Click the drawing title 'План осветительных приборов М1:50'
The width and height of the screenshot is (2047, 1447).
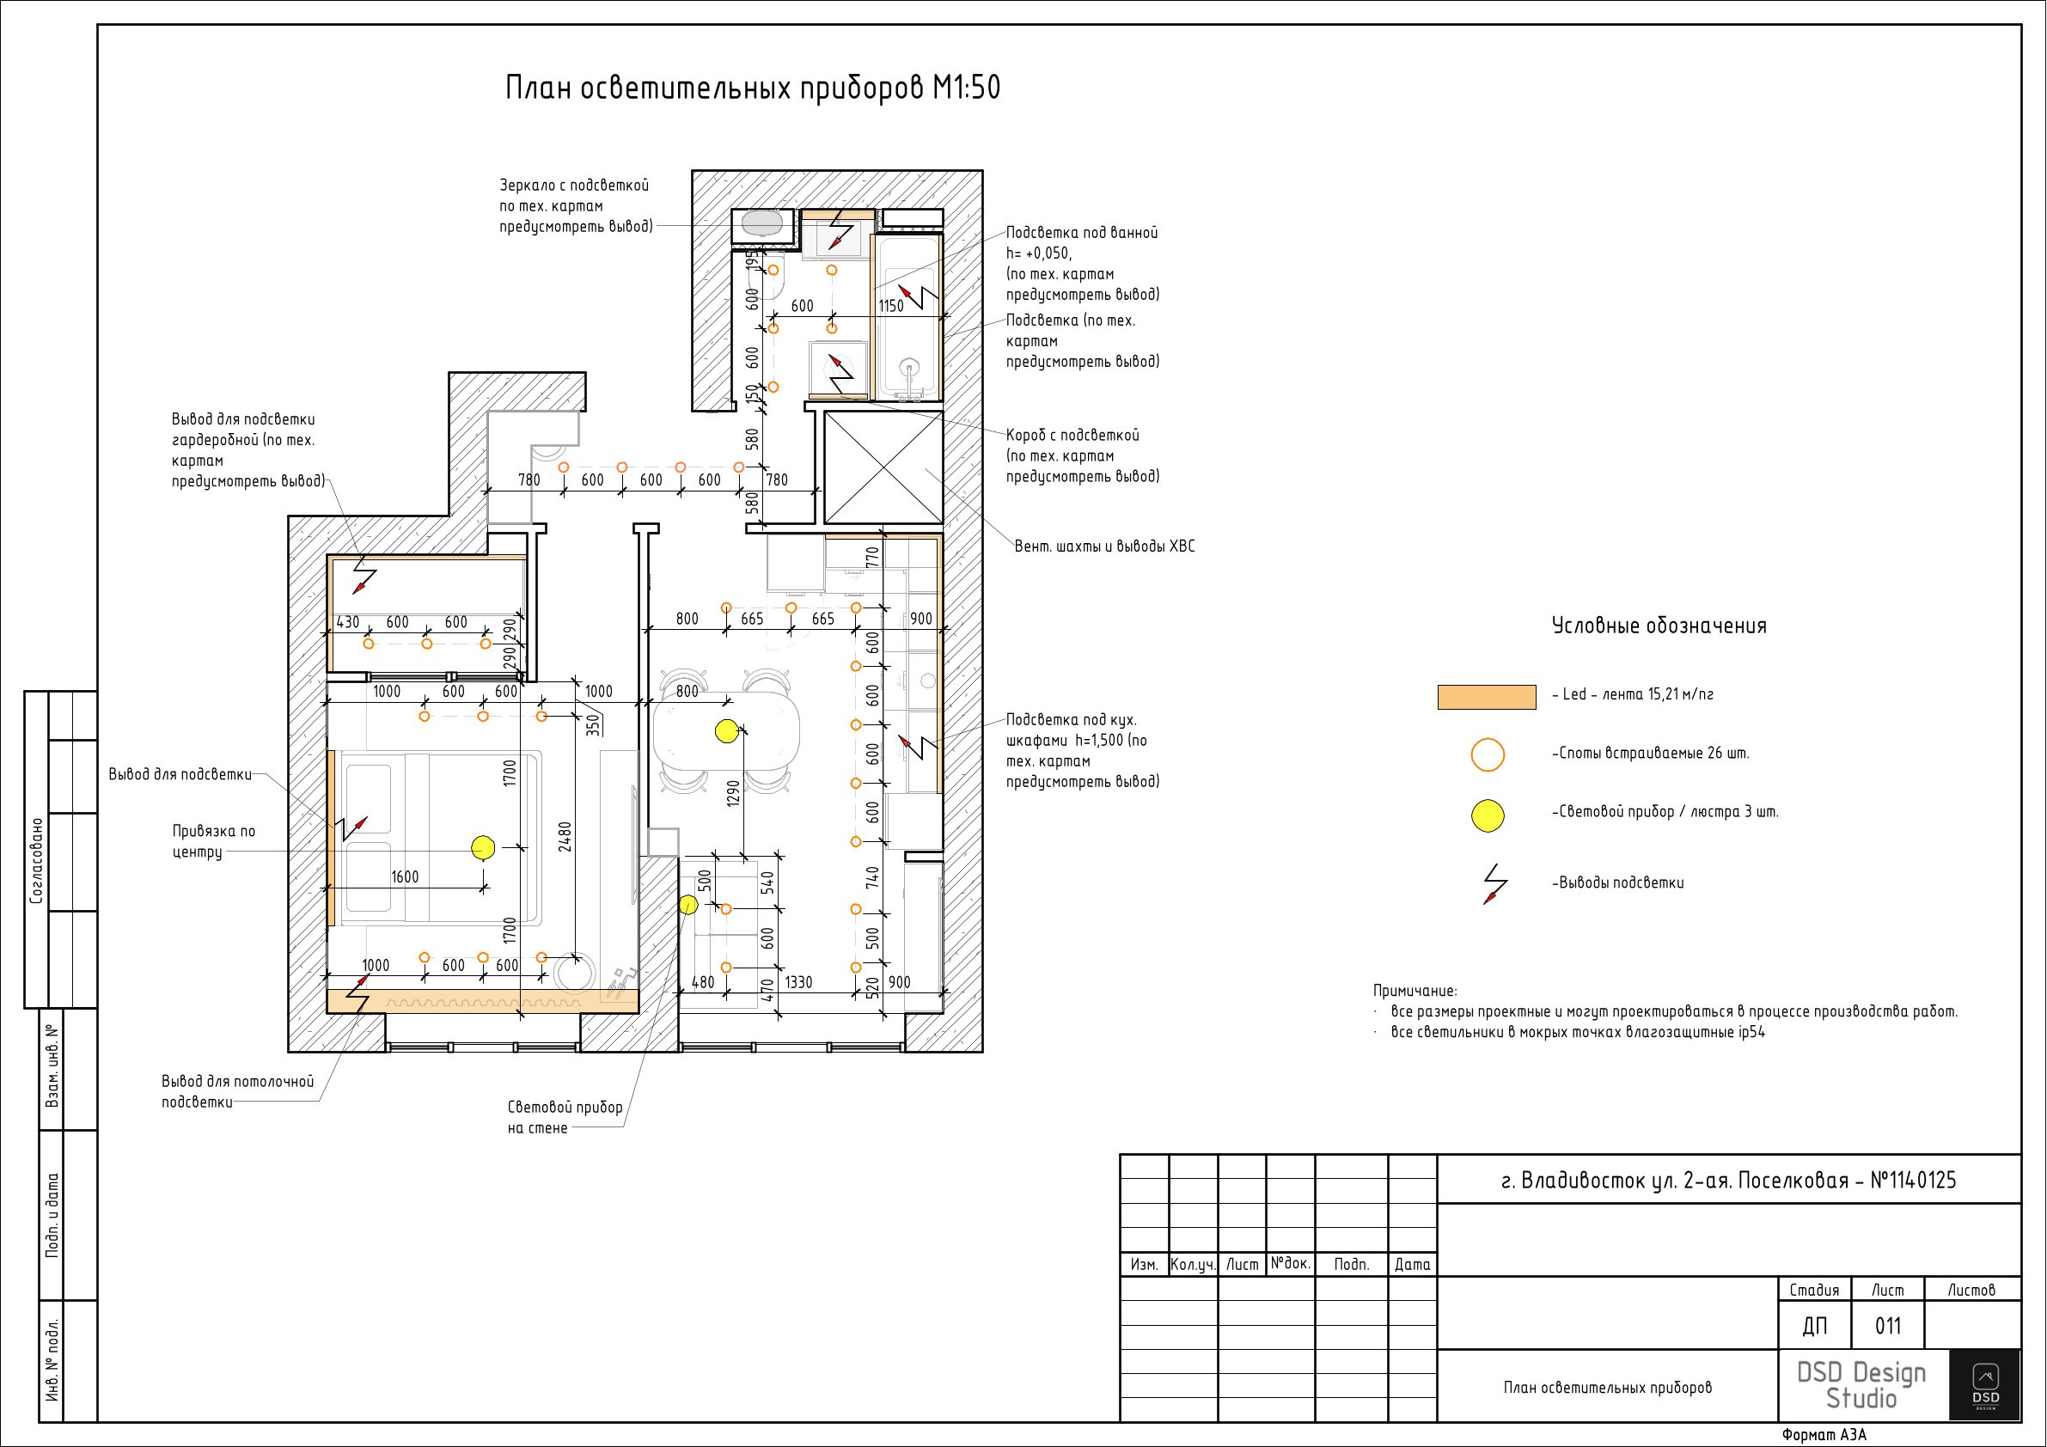(753, 89)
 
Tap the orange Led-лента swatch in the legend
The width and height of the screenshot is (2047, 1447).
(1486, 697)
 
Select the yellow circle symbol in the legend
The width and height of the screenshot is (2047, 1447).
(1487, 815)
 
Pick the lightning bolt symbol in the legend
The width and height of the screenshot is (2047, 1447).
(1495, 883)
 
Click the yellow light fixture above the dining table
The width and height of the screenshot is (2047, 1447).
(727, 732)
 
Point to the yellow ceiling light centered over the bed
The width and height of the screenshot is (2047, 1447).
(482, 847)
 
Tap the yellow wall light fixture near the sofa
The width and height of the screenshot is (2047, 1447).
(688, 905)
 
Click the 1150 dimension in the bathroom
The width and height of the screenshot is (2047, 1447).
(890, 306)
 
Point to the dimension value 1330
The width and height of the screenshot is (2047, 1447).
(798, 982)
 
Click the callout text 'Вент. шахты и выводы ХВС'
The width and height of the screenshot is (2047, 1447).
(1104, 546)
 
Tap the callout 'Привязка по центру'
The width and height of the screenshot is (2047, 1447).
(214, 841)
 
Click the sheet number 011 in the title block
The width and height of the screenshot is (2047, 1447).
(1887, 1326)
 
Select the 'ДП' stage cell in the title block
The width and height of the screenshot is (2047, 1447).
(1814, 1326)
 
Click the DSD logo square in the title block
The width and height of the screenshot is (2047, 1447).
(1984, 1383)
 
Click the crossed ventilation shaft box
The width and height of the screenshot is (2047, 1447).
(883, 468)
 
